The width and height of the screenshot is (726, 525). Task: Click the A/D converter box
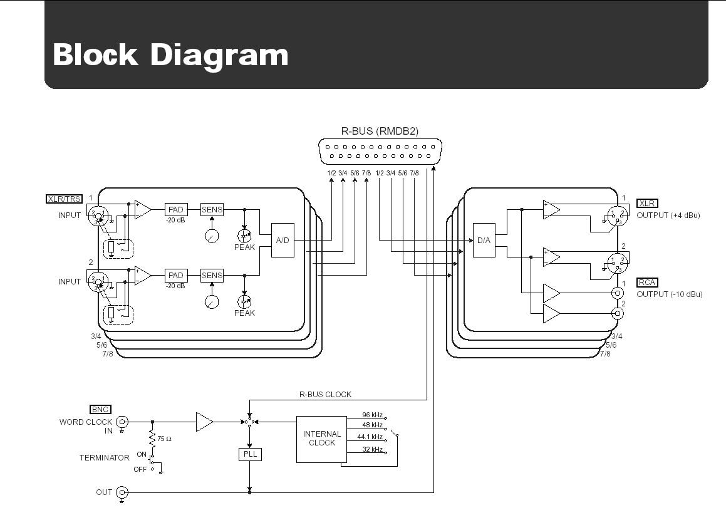click(x=283, y=241)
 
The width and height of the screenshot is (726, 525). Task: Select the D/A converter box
click(x=484, y=241)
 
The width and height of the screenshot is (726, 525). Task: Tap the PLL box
click(x=249, y=454)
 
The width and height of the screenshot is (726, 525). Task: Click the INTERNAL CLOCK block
click(x=322, y=439)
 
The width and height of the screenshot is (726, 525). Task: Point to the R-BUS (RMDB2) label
click(x=380, y=131)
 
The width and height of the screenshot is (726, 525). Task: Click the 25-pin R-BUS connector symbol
click(x=380, y=152)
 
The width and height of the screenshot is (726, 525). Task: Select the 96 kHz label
click(x=373, y=415)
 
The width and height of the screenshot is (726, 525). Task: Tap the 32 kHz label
click(x=373, y=450)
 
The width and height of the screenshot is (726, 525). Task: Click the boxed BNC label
click(x=100, y=410)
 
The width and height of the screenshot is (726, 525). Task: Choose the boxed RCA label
click(x=647, y=283)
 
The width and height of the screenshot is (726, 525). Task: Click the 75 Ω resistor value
click(x=165, y=439)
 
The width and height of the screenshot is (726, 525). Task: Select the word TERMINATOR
click(x=104, y=458)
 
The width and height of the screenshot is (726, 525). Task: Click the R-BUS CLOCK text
click(x=324, y=395)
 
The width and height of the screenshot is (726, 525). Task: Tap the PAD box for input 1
click(x=176, y=209)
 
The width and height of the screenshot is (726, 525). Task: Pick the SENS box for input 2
click(x=212, y=275)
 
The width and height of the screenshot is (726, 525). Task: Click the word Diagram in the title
click(x=219, y=55)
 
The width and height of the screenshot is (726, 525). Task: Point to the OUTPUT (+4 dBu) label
click(x=668, y=216)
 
